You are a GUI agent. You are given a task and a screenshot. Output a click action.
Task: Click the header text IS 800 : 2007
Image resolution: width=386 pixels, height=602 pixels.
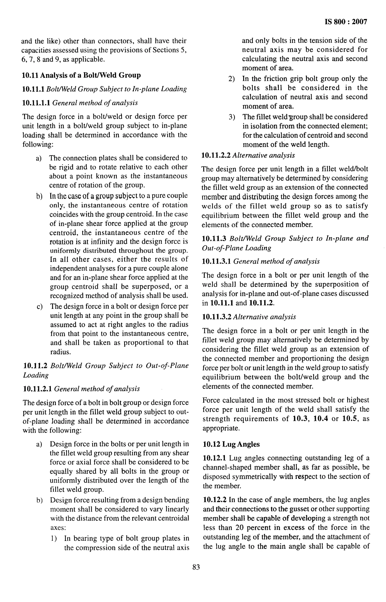(346, 22)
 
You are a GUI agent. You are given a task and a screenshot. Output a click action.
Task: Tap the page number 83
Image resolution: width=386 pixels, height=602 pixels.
(196, 567)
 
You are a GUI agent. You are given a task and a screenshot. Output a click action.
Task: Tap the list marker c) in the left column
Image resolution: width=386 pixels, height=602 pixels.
(39, 306)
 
